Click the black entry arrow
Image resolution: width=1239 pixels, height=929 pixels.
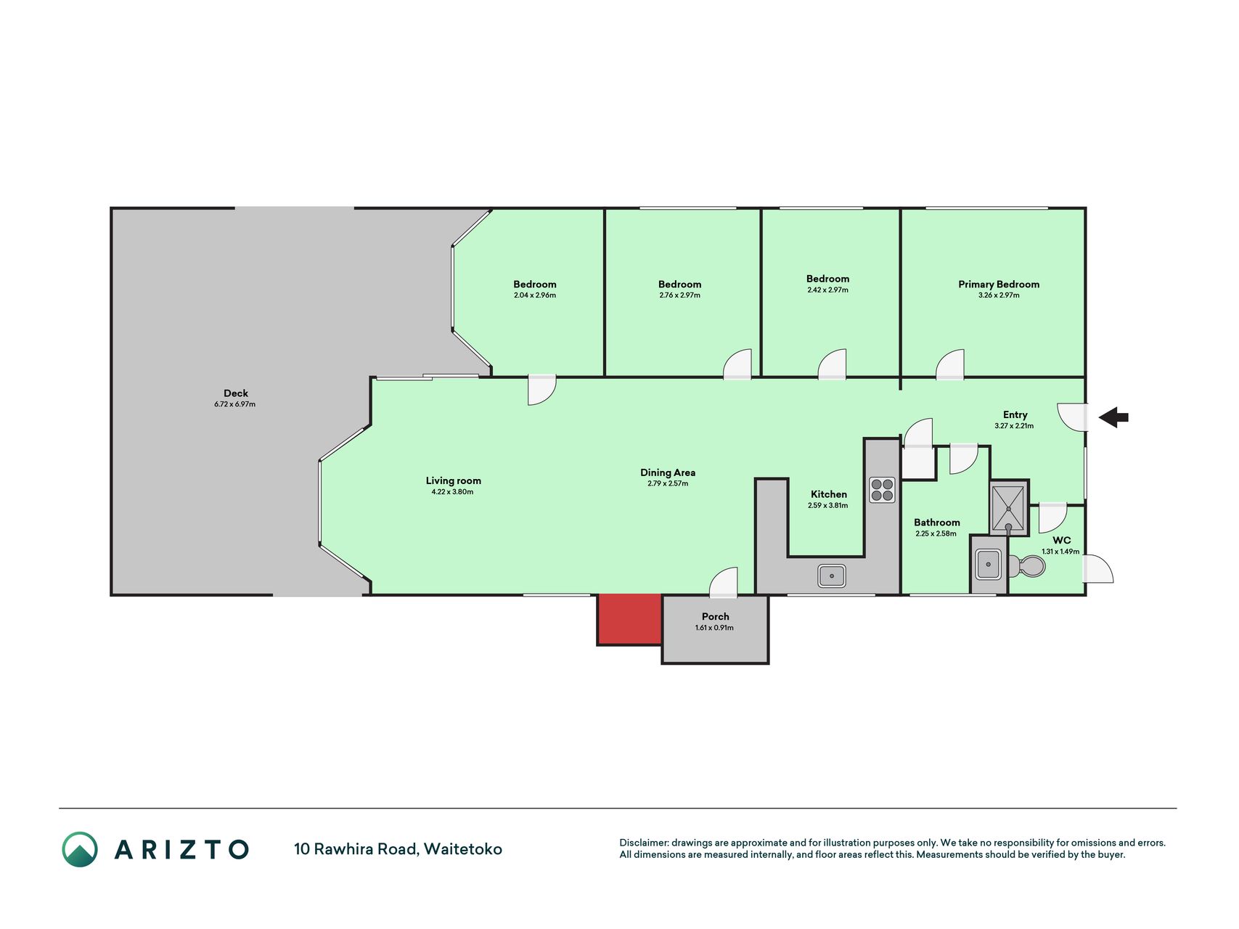[1113, 417]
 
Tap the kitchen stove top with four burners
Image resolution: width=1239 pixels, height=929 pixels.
[883, 490]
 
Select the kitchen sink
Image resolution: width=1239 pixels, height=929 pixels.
[832, 576]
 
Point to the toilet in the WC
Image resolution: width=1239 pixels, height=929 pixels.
[1026, 565]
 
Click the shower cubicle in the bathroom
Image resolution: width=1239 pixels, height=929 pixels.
[1009, 508]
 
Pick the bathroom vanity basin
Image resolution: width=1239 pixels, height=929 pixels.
[989, 564]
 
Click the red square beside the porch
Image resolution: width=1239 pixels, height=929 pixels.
[629, 619]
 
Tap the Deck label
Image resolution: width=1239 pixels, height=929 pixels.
[236, 393]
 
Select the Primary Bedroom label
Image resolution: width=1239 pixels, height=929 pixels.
[999, 285]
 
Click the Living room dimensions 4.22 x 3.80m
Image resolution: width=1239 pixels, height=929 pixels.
[452, 492]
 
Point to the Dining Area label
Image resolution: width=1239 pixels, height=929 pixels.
[668, 472]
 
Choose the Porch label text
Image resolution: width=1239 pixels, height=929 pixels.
[715, 617]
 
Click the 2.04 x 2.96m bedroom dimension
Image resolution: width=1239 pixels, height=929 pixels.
[535, 295]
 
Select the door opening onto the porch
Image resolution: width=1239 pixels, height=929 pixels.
[723, 583]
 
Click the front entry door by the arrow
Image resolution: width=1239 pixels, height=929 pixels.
[1072, 417]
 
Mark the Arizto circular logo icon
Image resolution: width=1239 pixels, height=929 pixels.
[80, 849]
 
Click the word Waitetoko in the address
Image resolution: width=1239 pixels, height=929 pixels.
[463, 849]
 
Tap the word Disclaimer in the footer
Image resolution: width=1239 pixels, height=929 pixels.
[644, 843]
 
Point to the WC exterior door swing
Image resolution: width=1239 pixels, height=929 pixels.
[1098, 569]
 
